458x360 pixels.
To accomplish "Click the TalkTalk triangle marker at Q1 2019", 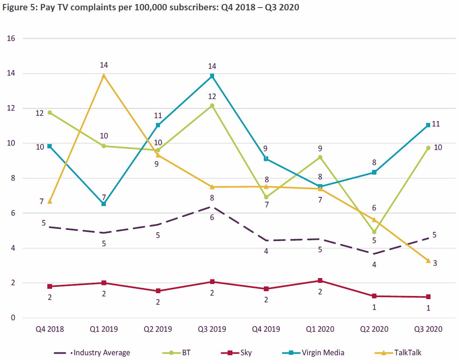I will click(x=104, y=76).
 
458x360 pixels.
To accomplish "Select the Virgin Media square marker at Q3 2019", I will click(x=212, y=76).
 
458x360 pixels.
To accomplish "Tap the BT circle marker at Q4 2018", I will click(x=50, y=113).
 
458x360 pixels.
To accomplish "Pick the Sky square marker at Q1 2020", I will click(x=320, y=281).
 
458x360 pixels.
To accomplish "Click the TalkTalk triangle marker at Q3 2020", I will click(x=428, y=261).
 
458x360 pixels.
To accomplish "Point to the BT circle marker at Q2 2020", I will click(x=374, y=232).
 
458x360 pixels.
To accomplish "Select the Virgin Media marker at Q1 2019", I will click(x=104, y=204).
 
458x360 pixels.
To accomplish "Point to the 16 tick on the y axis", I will click(x=11, y=39).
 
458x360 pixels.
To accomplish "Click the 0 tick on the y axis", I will click(x=13, y=318).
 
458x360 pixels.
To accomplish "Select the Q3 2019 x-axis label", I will click(x=212, y=329).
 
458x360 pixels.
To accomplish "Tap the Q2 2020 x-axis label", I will click(x=374, y=329).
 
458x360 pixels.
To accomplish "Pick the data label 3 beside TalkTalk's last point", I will click(x=435, y=263).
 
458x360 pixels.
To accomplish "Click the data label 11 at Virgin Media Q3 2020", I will click(x=436, y=124).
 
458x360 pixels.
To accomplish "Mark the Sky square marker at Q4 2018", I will click(x=50, y=286).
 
